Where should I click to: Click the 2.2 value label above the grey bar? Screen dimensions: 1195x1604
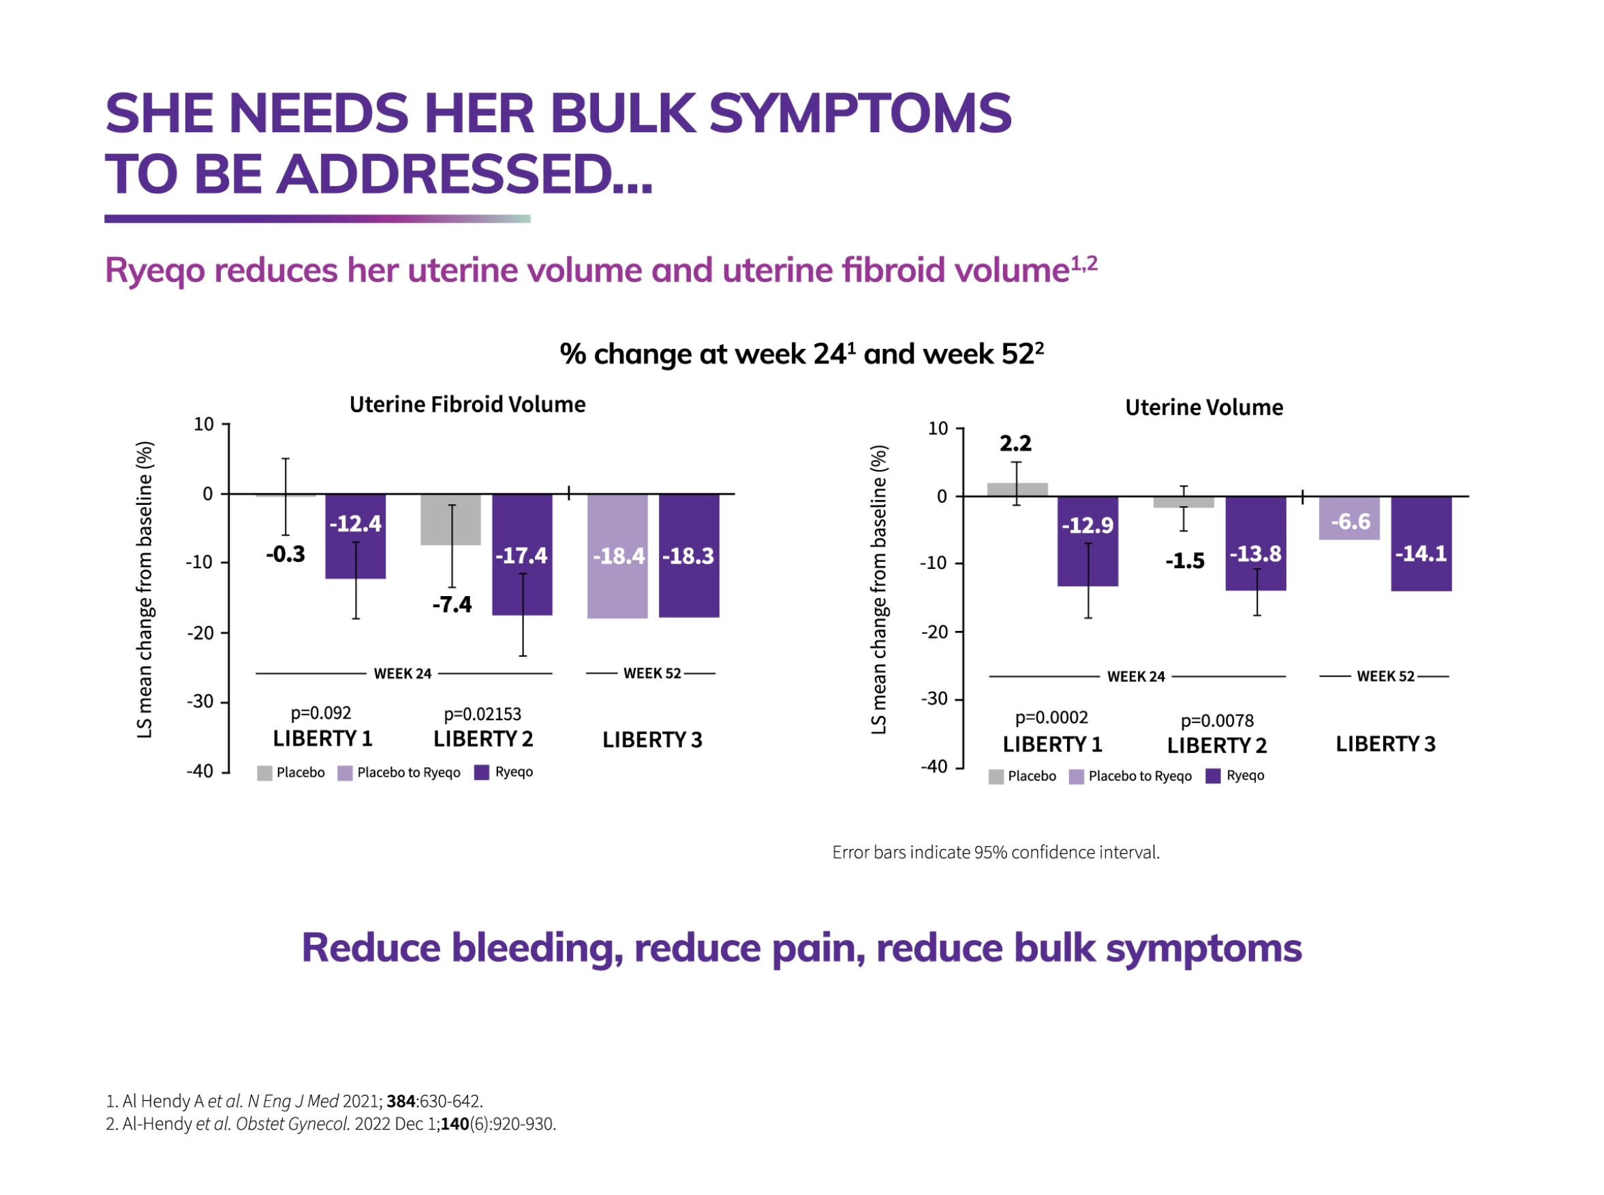click(x=1015, y=444)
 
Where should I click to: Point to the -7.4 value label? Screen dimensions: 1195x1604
click(x=452, y=604)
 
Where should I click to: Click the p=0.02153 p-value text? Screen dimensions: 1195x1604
click(x=482, y=714)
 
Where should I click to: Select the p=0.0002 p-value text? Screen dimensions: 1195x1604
click(x=1051, y=717)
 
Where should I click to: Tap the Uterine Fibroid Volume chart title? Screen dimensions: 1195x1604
click(x=467, y=405)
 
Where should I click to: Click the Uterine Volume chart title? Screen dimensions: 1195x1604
click(x=1203, y=407)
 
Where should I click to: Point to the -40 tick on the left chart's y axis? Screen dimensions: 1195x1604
click(x=200, y=771)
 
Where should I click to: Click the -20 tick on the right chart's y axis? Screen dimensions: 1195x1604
click(x=934, y=632)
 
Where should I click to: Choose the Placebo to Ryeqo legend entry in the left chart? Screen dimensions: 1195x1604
click(x=399, y=773)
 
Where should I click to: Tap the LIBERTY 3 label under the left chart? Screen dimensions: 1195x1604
click(x=652, y=739)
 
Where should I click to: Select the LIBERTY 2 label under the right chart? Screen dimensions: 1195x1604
click(x=1216, y=745)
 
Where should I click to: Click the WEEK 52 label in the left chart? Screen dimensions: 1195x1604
click(x=652, y=673)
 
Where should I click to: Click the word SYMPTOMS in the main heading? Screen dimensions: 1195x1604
click(x=859, y=114)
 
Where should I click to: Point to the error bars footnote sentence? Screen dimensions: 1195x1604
click(x=995, y=852)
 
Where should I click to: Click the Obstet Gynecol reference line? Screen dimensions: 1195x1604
click(x=330, y=1123)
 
